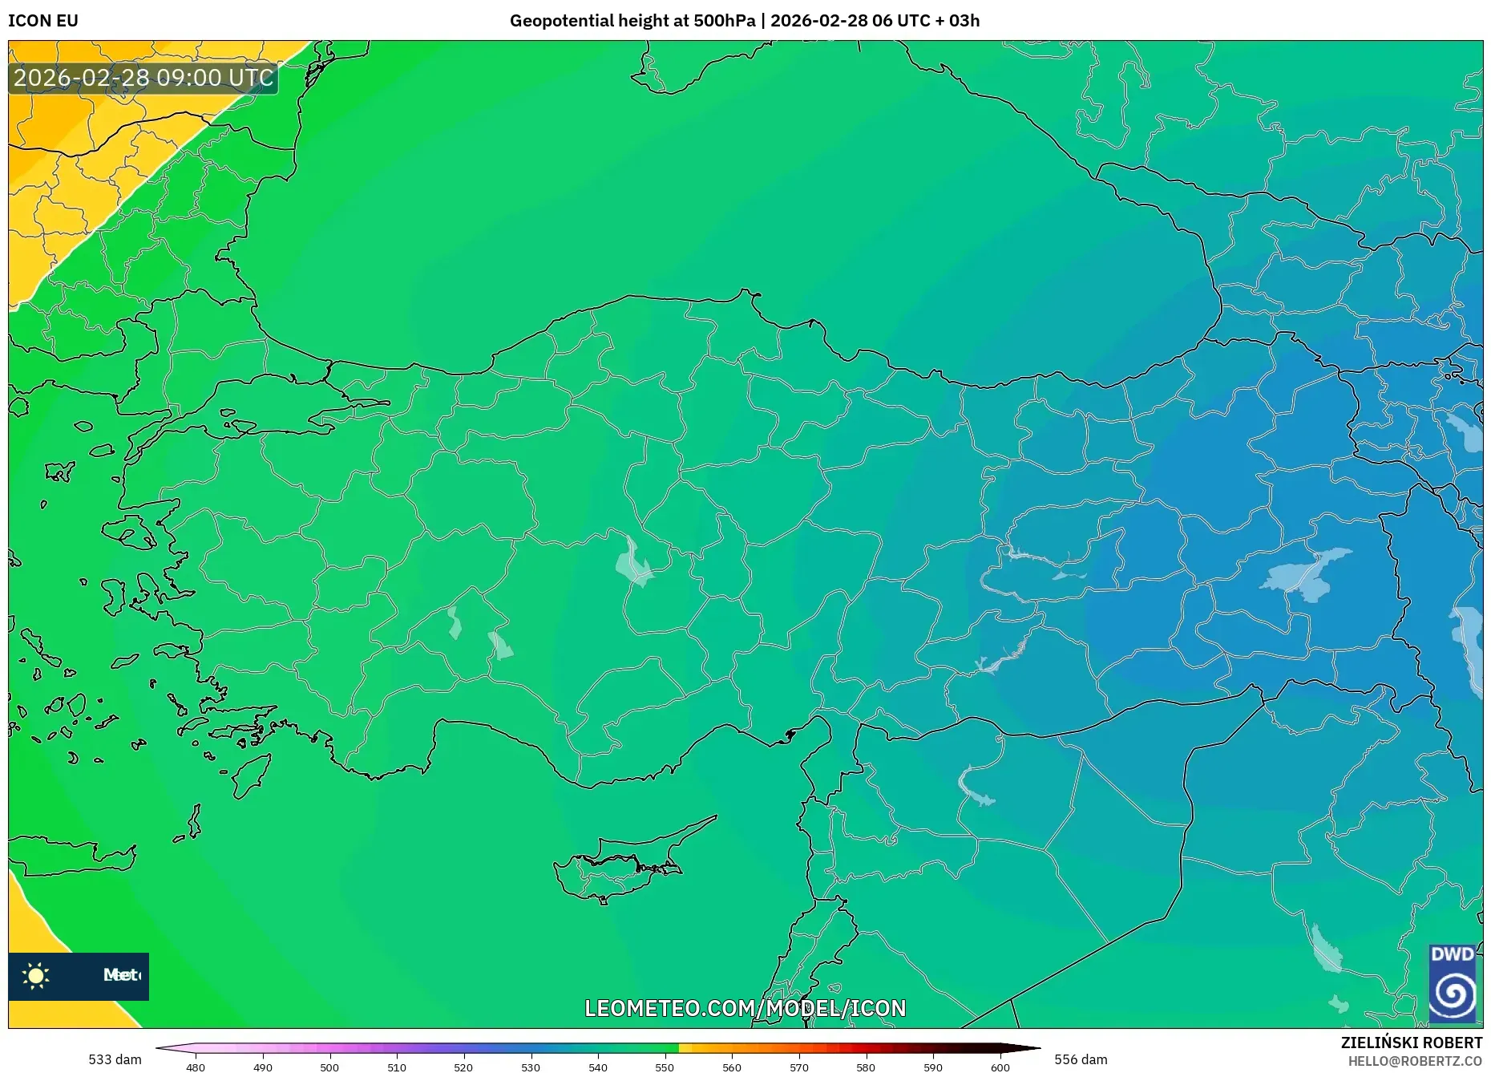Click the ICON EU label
(43, 21)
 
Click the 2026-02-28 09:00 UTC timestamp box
(143, 78)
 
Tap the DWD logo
(1452, 984)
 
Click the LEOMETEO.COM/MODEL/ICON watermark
(745, 1008)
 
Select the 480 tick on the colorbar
(196, 1067)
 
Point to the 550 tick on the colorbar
(665, 1067)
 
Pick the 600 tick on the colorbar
(1000, 1067)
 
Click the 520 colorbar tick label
(463, 1067)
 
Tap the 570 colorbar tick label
(798, 1067)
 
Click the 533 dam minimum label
(115, 1059)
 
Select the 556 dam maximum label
(1081, 1059)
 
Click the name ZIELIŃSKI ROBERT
(1411, 1043)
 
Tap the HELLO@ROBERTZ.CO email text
(1415, 1061)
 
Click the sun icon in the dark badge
(36, 975)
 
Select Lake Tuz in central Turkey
(633, 563)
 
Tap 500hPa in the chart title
(724, 21)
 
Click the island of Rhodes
(250, 775)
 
